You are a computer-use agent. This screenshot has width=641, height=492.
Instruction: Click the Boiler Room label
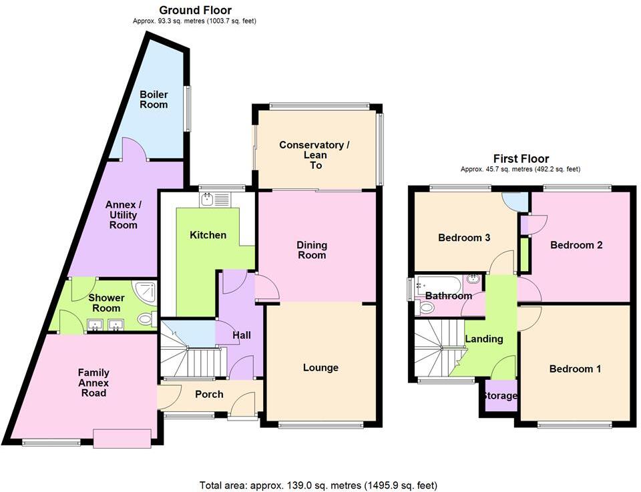tap(154, 99)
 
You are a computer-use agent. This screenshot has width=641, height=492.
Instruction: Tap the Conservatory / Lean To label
tap(314, 155)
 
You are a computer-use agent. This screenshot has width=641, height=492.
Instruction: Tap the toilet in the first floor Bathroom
tap(425, 307)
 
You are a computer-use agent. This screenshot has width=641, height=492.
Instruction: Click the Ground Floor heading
tap(195, 10)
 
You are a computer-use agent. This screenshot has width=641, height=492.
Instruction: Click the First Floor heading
tap(521, 158)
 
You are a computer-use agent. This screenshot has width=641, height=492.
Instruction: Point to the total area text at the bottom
tap(318, 485)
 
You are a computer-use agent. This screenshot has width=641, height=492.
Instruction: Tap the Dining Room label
tap(312, 250)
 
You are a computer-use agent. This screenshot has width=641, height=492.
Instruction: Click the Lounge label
tap(320, 367)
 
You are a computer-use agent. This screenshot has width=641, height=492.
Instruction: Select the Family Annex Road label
tap(93, 383)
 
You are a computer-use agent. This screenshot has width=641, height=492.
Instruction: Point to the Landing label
tap(483, 339)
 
